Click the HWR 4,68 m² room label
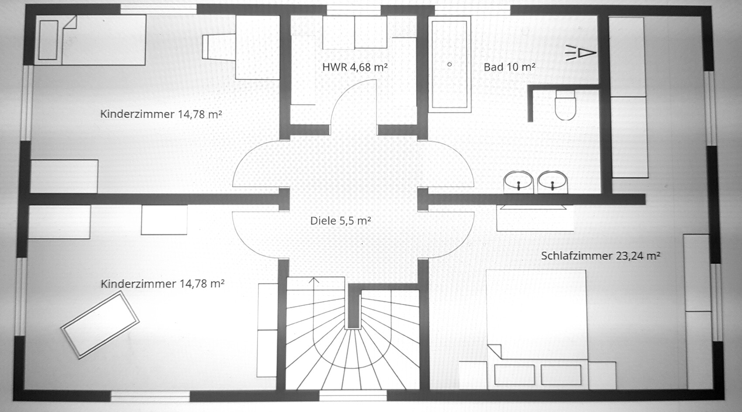point(355,67)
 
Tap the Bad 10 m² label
point(509,67)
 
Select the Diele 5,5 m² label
point(340,221)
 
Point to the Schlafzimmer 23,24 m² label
point(601,256)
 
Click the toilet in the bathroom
point(565,105)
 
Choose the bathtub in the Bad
point(450,64)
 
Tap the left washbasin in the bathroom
point(519,182)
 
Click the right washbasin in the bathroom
point(553,182)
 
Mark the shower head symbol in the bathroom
point(581,53)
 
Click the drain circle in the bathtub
point(450,64)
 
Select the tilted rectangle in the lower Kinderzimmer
point(100,325)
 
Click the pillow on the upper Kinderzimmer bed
point(48,40)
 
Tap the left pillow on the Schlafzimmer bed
point(515,375)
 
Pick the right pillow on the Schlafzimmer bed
point(561,375)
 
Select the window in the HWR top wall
point(354,10)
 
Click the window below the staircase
point(353,395)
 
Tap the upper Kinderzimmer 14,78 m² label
point(161,114)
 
